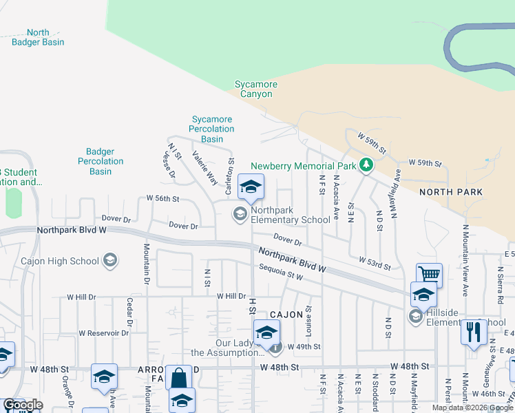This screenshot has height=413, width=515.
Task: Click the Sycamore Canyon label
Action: pos(256,89)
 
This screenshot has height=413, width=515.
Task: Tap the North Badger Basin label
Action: pos(38,37)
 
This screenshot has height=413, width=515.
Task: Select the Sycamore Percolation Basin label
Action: pos(212,129)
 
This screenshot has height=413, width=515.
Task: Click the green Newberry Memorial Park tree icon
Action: pos(367,165)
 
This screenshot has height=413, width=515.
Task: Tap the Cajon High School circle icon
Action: pos(109,261)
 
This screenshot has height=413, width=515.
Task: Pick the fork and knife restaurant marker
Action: pos(473,332)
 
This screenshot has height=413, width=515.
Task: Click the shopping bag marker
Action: pos(178,378)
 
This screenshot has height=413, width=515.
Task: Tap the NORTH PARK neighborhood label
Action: pos(451,192)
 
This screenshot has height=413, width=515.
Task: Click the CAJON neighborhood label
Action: pos(286,315)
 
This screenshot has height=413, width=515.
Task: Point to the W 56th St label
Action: pos(162,198)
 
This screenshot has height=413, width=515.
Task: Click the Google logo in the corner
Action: pos(22,405)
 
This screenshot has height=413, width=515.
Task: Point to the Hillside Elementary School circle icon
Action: pos(415,316)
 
